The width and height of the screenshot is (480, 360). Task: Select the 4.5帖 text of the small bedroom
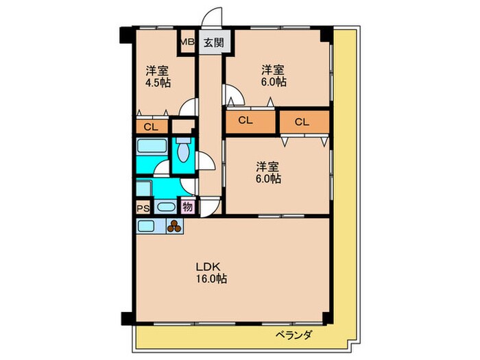click(158, 83)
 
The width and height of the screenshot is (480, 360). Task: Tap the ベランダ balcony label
click(296, 335)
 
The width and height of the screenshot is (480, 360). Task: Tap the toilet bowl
click(182, 152)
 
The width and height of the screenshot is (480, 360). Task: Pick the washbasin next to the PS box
click(165, 207)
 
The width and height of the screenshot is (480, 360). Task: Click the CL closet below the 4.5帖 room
click(151, 127)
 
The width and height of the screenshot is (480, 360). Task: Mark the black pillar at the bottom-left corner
click(128, 318)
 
